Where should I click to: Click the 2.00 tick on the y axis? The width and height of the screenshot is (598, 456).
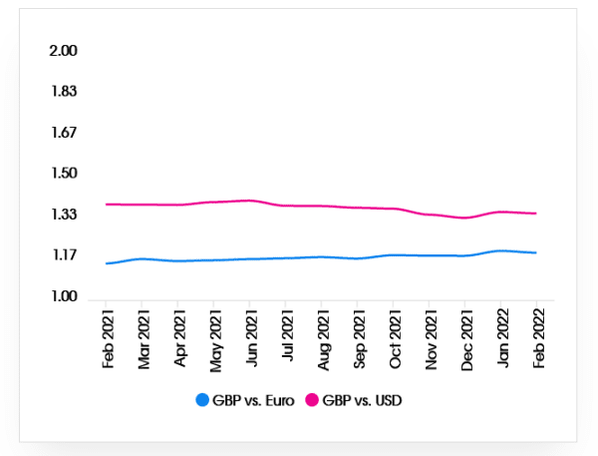[63, 51]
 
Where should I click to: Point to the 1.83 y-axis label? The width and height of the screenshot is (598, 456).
[63, 92]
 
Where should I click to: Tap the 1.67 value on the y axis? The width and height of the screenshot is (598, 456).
[63, 133]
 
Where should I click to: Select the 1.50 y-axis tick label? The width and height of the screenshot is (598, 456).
[63, 174]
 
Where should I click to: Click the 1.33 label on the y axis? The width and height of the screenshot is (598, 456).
[63, 215]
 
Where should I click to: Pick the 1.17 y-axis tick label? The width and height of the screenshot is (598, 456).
[63, 255]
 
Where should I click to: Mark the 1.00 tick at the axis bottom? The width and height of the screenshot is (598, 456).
[63, 296]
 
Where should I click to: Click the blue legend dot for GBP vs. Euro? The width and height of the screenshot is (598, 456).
[202, 400]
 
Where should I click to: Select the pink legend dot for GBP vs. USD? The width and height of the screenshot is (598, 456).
[312, 400]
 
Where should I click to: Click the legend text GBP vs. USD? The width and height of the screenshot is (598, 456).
[361, 400]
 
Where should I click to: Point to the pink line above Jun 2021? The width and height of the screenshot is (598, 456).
[250, 201]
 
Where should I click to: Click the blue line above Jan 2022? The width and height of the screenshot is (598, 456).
[501, 250]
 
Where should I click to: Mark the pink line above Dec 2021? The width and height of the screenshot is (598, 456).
[465, 218]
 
